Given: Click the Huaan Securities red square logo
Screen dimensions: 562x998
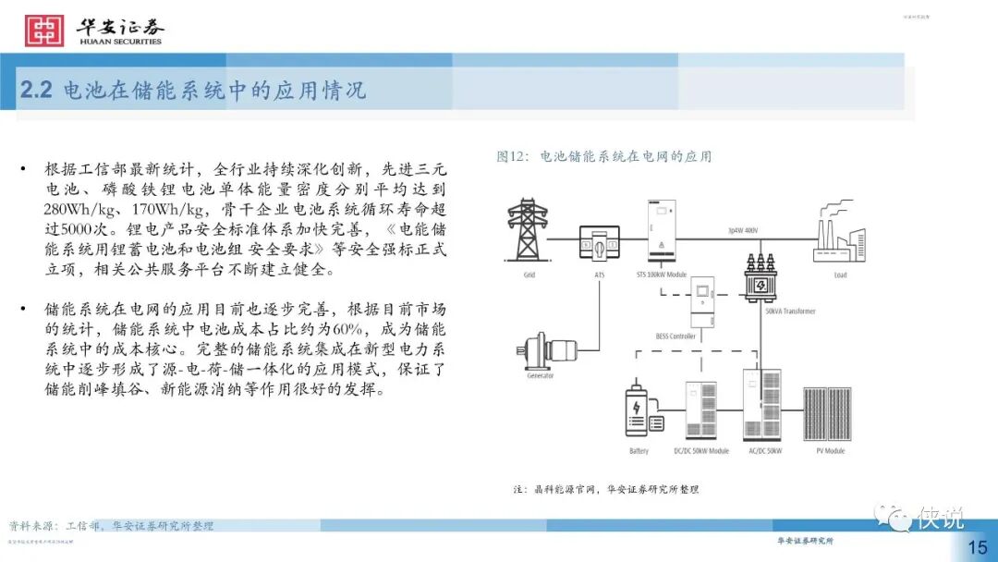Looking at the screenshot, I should point(43,30).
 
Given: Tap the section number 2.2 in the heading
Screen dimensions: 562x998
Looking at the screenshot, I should point(37,91).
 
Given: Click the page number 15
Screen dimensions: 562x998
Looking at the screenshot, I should point(977,547).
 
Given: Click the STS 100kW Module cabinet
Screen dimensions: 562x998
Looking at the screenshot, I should point(663,230).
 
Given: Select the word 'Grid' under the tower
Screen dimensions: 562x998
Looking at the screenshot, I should point(529,275).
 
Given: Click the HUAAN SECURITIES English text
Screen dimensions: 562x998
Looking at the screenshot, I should point(120,42).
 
